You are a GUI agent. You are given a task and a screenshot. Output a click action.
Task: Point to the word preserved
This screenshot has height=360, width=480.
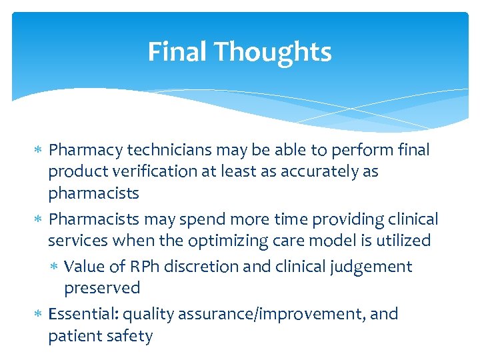[102, 288]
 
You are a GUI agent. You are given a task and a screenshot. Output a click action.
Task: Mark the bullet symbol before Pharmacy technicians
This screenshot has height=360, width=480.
[39, 151]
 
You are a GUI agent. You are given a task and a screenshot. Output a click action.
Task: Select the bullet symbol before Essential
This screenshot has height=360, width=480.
[39, 314]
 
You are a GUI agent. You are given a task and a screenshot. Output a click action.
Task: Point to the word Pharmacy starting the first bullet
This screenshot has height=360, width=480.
[81, 151]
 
